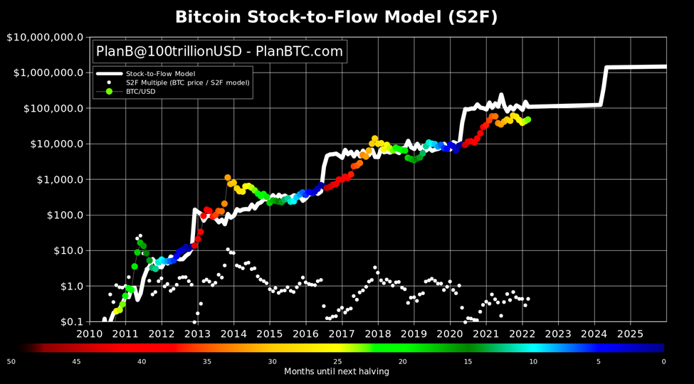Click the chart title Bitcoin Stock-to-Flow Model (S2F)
[337, 16]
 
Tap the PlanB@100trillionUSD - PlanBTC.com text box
[219, 51]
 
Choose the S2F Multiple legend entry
[187, 82]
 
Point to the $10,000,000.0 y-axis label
[46, 37]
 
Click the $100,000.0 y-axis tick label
[51, 108]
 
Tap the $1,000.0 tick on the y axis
[57, 179]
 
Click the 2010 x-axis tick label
[90, 334]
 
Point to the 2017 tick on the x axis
[342, 334]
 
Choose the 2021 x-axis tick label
[486, 334]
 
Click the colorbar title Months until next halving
[337, 371]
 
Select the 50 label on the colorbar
[11, 361]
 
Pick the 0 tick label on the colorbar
[663, 361]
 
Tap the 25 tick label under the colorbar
[337, 361]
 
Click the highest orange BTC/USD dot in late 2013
[228, 178]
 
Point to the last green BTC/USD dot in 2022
[528, 119]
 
